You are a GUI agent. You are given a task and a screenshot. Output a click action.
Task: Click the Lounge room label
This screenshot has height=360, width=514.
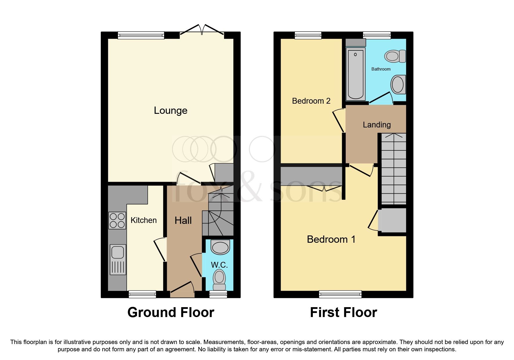(x=170, y=111)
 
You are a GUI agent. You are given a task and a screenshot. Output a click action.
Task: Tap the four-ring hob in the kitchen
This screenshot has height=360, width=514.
(x=117, y=221)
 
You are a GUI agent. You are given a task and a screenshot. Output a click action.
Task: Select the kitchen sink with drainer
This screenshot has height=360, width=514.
(x=118, y=260)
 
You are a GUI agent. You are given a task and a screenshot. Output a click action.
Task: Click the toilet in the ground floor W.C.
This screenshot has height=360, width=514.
(x=219, y=280)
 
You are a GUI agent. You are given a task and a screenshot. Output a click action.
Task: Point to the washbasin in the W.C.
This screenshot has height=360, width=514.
(x=220, y=247)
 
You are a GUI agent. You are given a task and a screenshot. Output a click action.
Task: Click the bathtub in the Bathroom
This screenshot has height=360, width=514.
(x=355, y=74)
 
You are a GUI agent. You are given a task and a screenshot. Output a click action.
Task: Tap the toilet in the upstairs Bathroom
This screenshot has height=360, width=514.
(x=395, y=56)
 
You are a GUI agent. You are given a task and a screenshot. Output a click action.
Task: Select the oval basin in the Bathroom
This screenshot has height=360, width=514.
(x=398, y=84)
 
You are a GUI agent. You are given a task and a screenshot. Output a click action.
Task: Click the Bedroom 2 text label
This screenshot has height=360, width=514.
(x=311, y=101)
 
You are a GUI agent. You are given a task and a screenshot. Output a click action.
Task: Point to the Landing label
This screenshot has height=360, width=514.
(x=376, y=125)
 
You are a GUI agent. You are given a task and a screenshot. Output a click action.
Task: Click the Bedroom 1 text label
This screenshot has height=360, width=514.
(x=331, y=239)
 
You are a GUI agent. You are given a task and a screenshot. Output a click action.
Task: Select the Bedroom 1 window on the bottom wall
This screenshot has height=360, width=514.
(x=340, y=294)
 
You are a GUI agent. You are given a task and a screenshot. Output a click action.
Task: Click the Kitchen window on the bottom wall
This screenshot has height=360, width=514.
(x=142, y=294)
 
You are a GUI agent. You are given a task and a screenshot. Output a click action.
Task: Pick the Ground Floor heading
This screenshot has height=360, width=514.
(x=171, y=313)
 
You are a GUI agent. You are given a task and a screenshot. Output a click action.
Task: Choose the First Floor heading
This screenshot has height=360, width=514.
(x=343, y=313)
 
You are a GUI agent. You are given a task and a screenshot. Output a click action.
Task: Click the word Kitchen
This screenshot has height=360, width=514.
(x=143, y=220)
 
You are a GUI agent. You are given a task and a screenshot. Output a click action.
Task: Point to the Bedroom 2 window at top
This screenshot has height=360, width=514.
(x=308, y=35)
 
